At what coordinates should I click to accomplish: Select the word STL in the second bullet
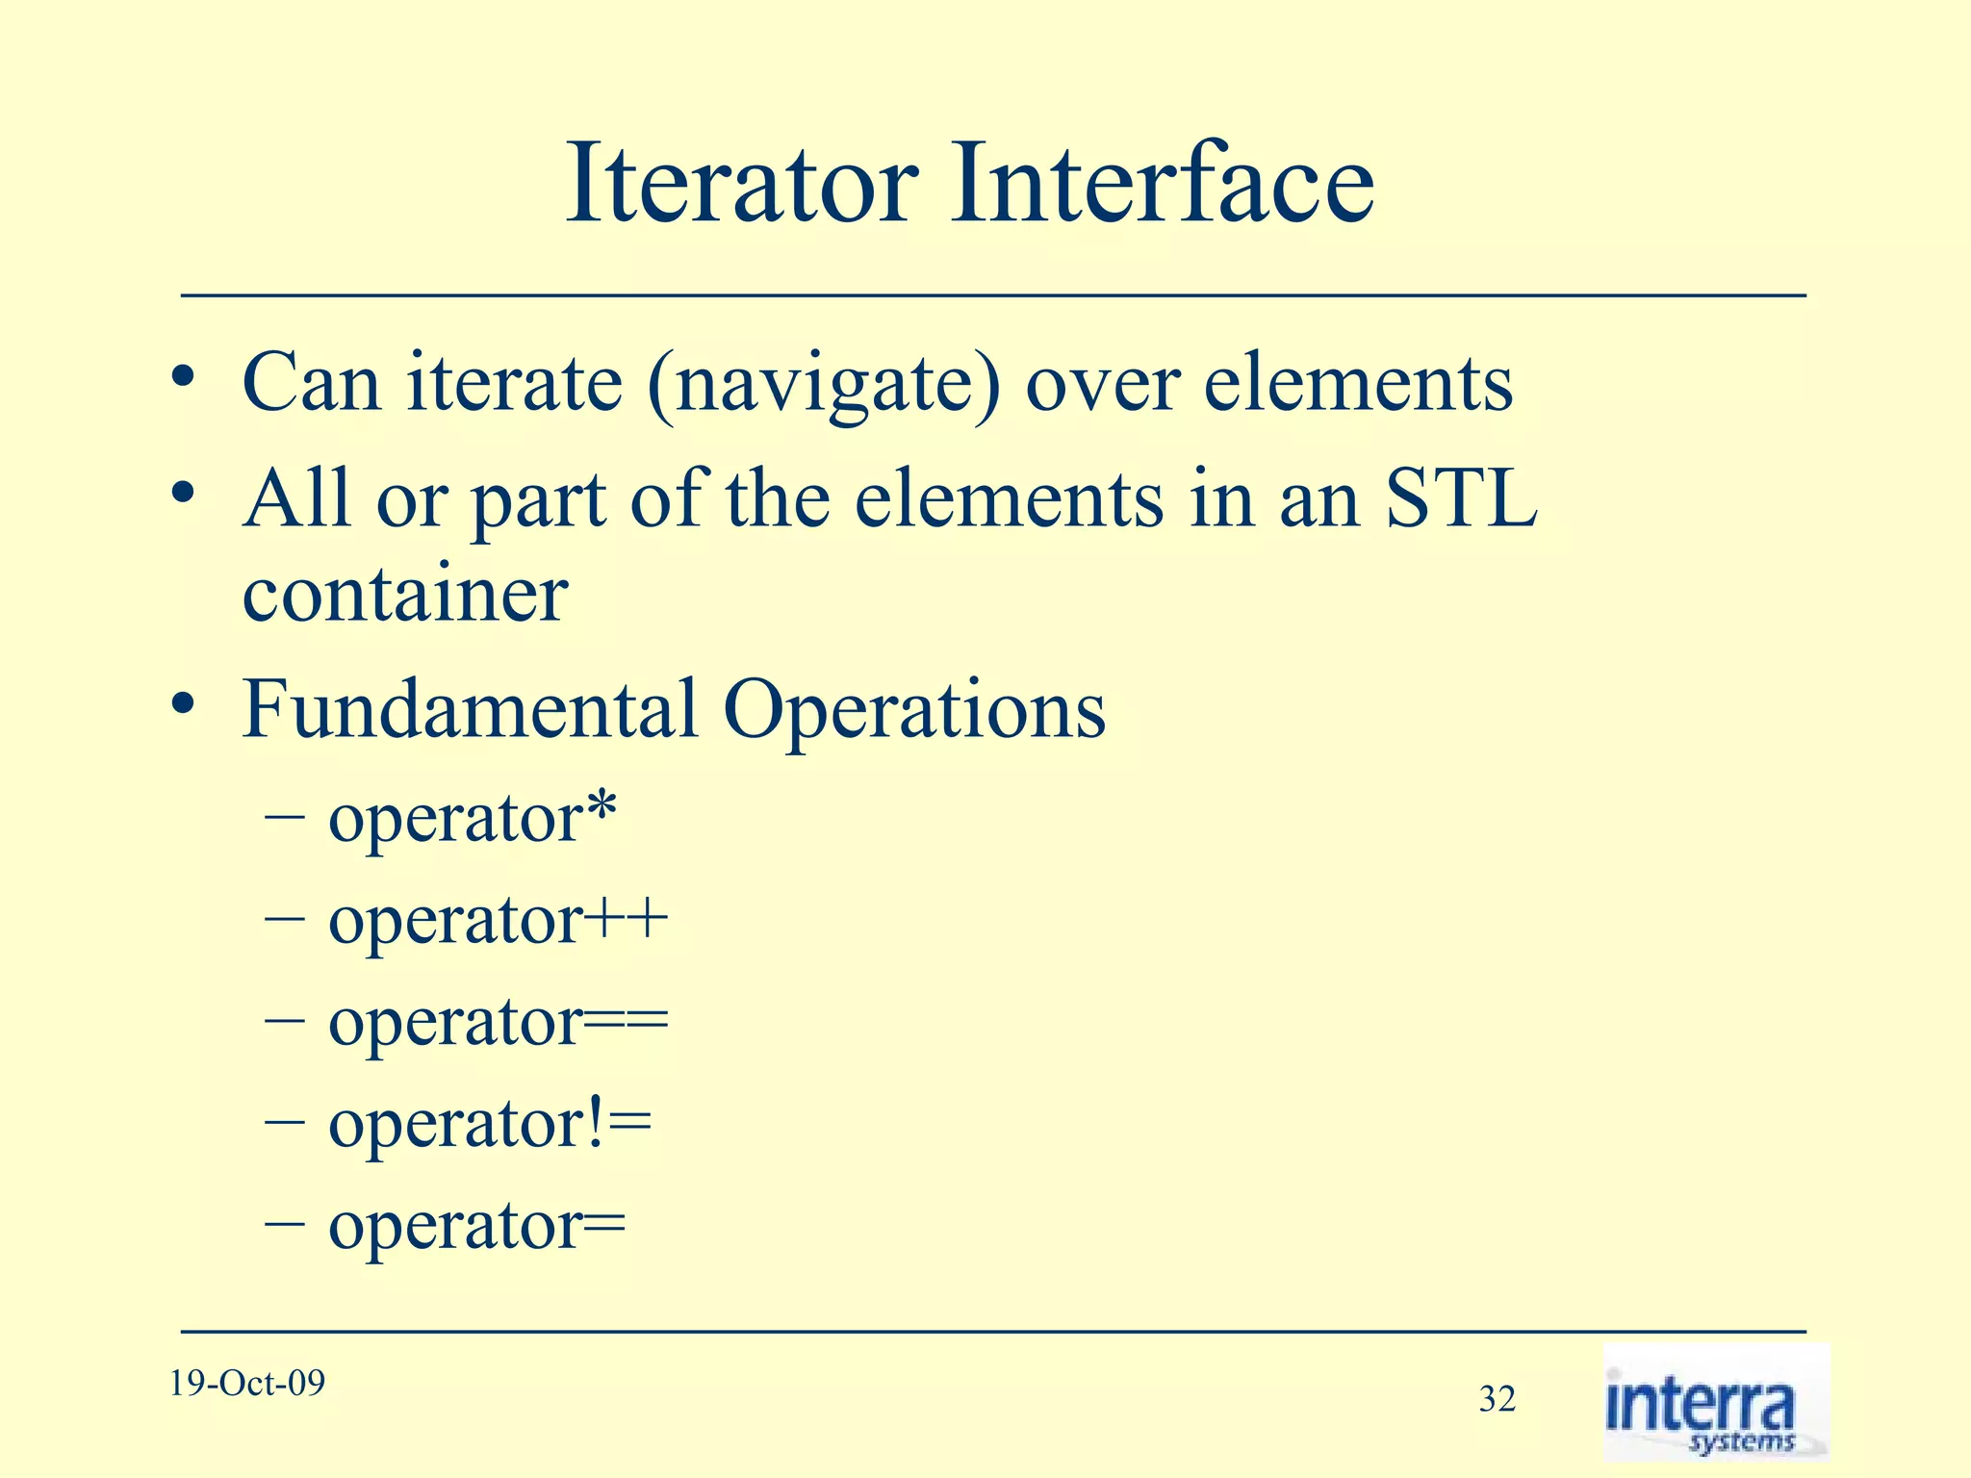(x=1461, y=498)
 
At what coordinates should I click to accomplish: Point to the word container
(x=404, y=595)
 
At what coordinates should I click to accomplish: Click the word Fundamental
(x=469, y=709)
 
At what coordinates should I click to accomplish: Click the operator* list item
(x=472, y=820)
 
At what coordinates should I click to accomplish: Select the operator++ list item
(x=498, y=922)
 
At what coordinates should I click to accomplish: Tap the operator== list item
(x=498, y=1024)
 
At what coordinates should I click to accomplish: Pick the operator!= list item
(x=489, y=1125)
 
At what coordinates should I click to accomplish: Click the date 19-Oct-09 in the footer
(x=247, y=1384)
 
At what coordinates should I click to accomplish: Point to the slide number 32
(x=1497, y=1399)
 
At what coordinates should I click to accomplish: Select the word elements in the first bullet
(x=1358, y=384)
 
